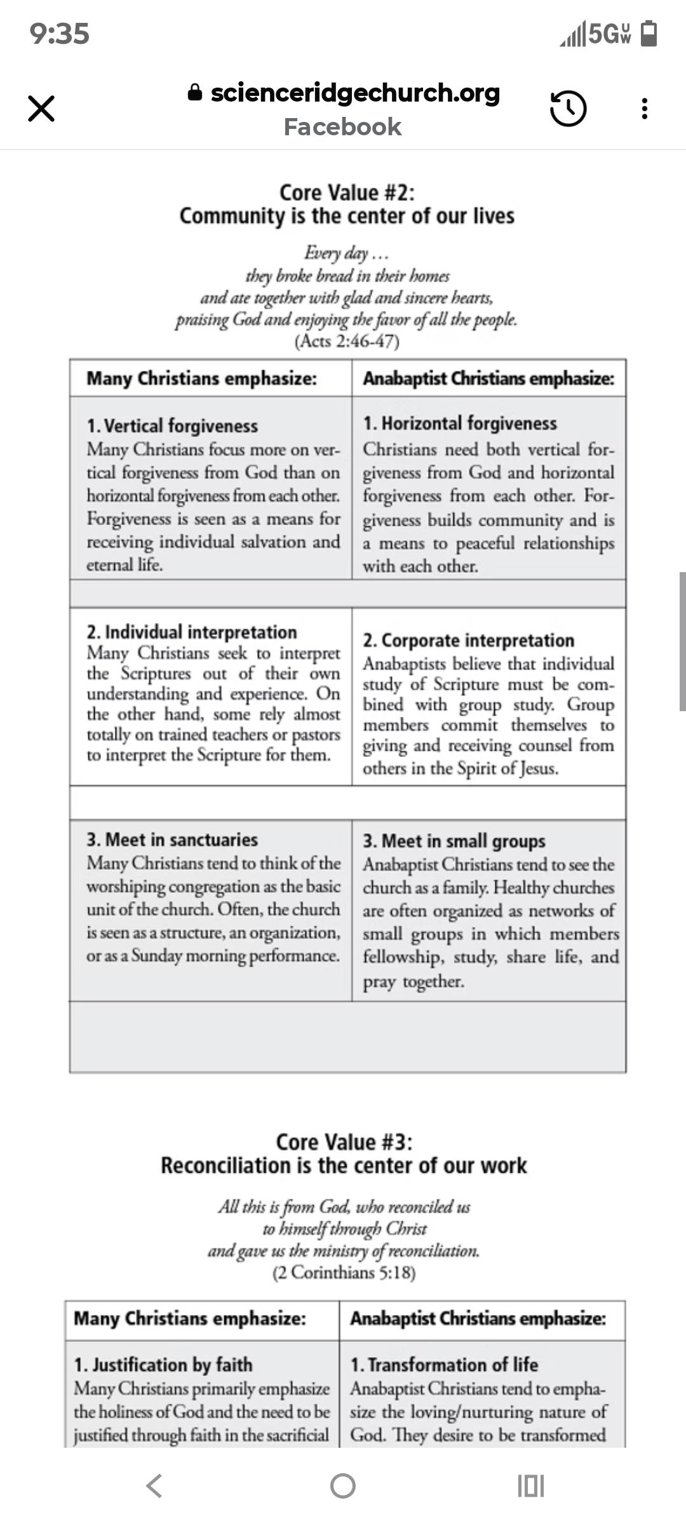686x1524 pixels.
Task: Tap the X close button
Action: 41,108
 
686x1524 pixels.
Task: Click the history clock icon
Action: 567,108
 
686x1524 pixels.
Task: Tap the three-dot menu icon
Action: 645,108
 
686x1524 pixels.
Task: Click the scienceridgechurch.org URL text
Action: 354,93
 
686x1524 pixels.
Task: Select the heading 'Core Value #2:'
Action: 347,192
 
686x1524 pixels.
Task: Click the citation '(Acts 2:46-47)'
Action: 347,342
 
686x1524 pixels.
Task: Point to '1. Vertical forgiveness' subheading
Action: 172,425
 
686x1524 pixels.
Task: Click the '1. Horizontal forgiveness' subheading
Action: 459,423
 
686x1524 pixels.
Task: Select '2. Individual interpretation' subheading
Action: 191,632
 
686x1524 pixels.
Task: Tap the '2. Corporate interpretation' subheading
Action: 468,640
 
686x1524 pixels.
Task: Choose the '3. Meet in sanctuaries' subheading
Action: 172,839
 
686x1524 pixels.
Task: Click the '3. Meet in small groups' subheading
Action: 454,841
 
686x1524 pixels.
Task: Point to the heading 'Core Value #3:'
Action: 344,1142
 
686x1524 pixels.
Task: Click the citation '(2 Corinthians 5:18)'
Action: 344,1273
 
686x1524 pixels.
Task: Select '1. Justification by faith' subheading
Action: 163,1364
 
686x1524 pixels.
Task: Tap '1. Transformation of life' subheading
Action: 444,1364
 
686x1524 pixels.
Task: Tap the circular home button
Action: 343,1486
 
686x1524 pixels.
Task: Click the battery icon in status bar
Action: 649,34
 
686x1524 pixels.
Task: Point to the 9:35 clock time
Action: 60,34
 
